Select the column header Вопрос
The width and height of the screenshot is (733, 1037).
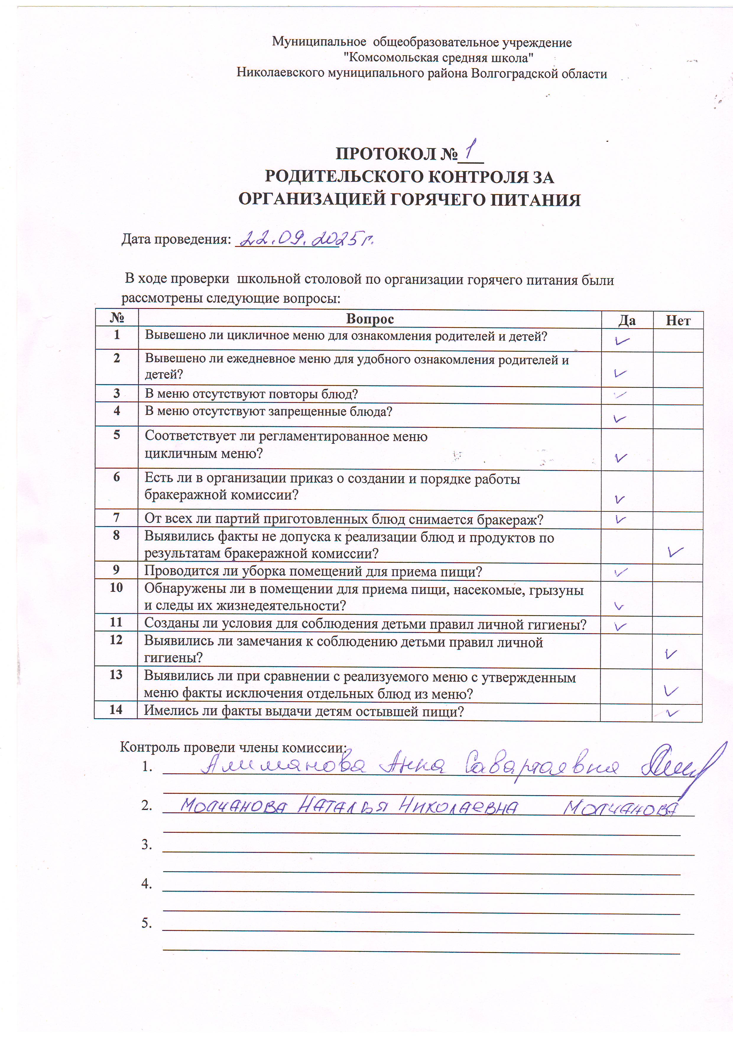click(x=369, y=319)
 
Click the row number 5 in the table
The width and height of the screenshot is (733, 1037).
click(x=116, y=435)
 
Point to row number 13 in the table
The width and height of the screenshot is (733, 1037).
click(x=116, y=675)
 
